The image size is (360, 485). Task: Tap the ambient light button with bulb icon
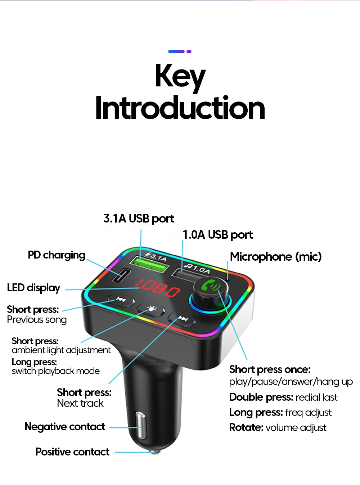[x=151, y=309]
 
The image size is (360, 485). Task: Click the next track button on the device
[x=182, y=319]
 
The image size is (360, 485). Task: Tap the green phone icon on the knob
[x=211, y=286]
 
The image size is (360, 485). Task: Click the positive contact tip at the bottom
[x=155, y=451]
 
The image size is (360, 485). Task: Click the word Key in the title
[x=180, y=76]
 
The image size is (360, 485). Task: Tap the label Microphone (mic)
[x=276, y=257]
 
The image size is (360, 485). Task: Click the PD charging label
[x=57, y=255]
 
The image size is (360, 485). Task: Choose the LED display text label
[x=33, y=288]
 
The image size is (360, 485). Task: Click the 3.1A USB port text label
[x=139, y=219]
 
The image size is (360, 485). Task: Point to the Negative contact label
[x=65, y=427]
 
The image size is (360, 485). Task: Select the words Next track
[x=80, y=403]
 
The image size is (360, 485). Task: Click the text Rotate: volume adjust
[x=278, y=428]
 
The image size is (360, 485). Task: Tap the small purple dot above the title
[x=189, y=51]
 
